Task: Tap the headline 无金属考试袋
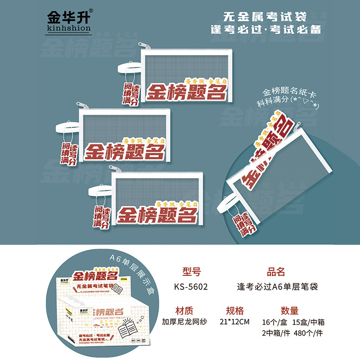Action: (x=265, y=17)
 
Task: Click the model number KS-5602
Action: (x=191, y=286)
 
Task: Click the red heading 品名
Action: (x=276, y=271)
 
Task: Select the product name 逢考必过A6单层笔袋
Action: (x=277, y=286)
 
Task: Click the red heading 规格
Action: (x=235, y=310)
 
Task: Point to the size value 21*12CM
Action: (x=235, y=322)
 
